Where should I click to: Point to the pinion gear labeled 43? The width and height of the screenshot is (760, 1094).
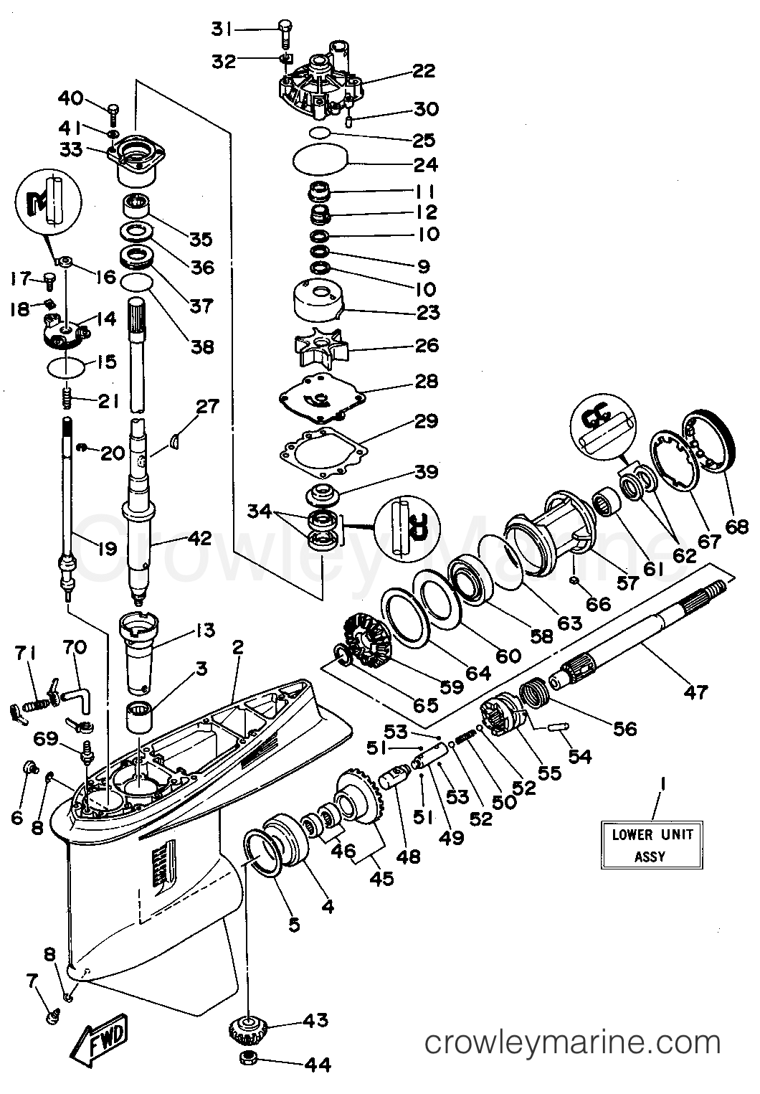pos(247,1032)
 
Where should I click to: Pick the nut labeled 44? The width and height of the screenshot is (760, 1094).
pos(247,1062)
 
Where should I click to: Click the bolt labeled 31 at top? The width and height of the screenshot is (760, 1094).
pos(284,29)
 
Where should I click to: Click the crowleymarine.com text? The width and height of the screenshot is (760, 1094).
pos(572,1042)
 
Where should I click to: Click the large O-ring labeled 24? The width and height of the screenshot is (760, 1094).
pos(320,160)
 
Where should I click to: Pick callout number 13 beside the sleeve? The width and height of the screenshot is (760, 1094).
pos(204,631)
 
